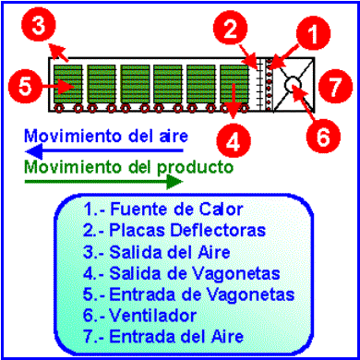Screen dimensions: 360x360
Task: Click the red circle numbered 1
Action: (x=314, y=33)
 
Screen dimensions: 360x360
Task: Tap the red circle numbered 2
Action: (x=231, y=30)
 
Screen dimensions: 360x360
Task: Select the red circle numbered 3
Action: (x=39, y=26)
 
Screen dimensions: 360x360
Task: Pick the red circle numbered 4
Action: (x=234, y=140)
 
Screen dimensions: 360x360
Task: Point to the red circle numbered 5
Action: (x=25, y=87)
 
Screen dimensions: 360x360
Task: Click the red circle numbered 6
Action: (x=323, y=138)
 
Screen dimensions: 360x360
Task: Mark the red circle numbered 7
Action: (x=335, y=87)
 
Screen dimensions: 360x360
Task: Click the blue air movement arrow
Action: (x=104, y=151)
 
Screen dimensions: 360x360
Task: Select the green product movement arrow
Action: (x=104, y=182)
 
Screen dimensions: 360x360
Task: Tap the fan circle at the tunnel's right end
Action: (x=294, y=84)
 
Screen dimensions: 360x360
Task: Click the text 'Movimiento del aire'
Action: (x=106, y=136)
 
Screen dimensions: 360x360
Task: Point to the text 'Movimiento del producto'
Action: (x=128, y=168)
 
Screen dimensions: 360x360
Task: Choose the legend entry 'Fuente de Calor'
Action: (x=163, y=210)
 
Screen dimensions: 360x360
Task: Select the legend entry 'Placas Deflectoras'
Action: (x=174, y=230)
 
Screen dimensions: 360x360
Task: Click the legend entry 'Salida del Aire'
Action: (x=157, y=252)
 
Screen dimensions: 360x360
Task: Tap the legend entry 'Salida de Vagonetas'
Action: (x=182, y=273)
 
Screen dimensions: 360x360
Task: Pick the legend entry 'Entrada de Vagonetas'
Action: (x=188, y=294)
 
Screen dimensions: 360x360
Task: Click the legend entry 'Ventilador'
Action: (x=139, y=316)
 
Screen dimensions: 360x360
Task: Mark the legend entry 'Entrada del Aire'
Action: (x=163, y=336)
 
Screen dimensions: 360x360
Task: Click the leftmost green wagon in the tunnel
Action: (x=68, y=84)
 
